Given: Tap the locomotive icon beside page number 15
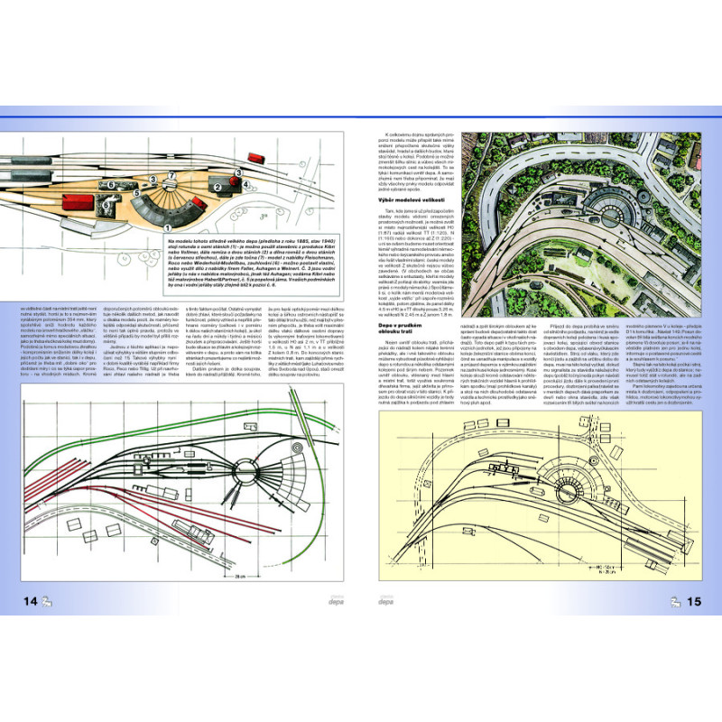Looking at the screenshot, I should (674, 602).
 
